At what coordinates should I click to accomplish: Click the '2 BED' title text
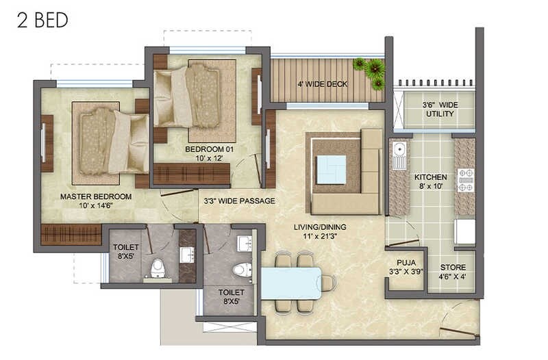coord(42,20)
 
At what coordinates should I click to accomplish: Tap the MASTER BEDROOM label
coord(96,196)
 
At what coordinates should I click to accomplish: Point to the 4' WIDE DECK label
coord(322,84)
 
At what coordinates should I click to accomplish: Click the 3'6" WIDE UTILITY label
coord(439,109)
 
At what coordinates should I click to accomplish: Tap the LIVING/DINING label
coord(321,227)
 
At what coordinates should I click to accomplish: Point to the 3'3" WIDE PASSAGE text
coord(239,201)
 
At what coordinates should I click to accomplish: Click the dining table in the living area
coord(292,283)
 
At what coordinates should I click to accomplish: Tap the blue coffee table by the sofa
coord(332,169)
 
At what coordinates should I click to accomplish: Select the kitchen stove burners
coord(465,180)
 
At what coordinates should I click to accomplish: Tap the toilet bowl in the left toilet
coord(158,268)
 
